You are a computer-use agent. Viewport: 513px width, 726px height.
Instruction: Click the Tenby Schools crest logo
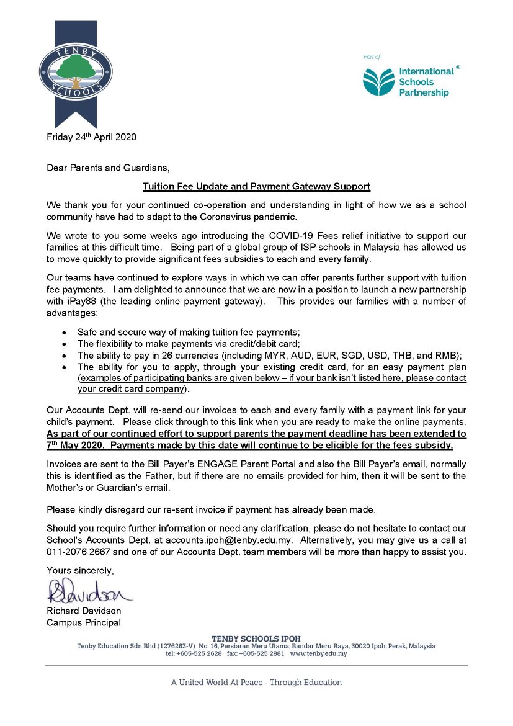(x=76, y=72)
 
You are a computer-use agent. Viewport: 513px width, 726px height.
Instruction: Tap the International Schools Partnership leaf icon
(x=378, y=82)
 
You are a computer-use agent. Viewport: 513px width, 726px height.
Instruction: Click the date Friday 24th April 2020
(x=91, y=137)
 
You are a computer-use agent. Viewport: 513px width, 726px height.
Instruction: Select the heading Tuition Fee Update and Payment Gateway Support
(x=256, y=186)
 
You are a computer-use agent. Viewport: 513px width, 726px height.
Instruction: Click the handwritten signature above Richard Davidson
(x=89, y=591)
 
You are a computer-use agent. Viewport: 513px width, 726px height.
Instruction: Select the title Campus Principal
(x=84, y=622)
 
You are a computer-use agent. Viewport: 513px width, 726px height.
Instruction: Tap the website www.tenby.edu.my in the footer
(x=318, y=653)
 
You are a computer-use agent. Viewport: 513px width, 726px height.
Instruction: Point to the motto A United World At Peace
(x=256, y=682)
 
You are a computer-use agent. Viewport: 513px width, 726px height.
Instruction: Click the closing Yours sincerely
(x=80, y=570)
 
